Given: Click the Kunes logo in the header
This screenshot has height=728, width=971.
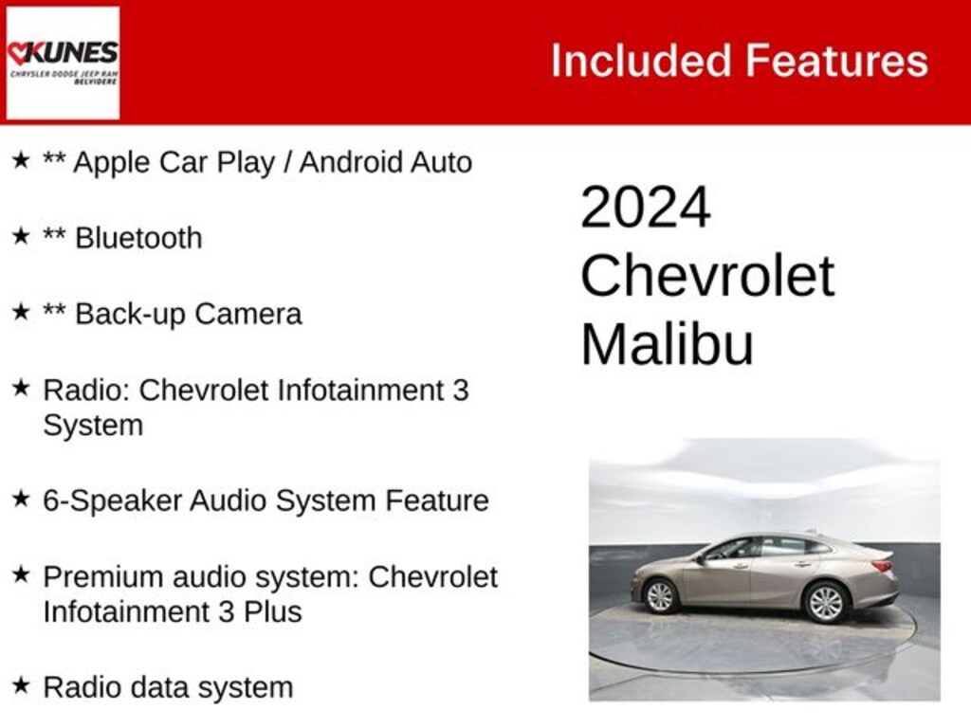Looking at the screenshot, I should [63, 63].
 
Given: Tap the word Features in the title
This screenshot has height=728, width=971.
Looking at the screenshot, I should [836, 61].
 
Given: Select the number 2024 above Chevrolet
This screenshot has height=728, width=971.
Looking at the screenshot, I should [645, 208].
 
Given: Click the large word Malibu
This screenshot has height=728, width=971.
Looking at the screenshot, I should [667, 344].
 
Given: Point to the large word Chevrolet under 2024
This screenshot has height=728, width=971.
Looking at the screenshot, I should [706, 276].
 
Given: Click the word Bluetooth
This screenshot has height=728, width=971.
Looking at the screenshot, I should [138, 238].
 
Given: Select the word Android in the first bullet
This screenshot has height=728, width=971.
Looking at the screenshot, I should [350, 162].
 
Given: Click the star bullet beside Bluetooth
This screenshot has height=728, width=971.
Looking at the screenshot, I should [21, 236].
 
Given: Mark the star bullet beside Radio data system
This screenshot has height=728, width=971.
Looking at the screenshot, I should [21, 685].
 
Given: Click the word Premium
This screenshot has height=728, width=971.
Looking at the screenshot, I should [100, 576].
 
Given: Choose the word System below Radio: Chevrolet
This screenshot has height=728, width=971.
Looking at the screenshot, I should [93, 425].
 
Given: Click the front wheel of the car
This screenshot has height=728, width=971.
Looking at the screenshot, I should [660, 595].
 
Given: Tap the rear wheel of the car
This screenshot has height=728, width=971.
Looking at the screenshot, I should [824, 601].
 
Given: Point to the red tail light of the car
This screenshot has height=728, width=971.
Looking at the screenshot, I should [882, 566].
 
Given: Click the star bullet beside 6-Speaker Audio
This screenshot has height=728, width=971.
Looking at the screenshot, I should [21, 499].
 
